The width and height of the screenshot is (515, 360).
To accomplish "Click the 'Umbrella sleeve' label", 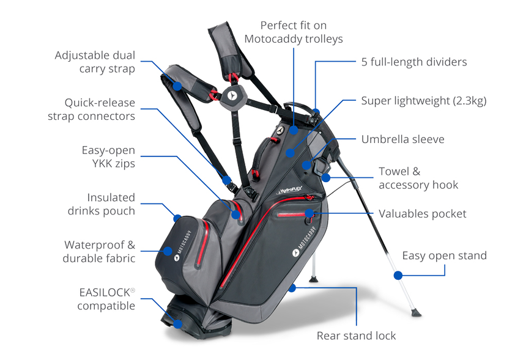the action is [x=402, y=139].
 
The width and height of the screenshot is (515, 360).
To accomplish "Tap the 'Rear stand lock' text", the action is [x=357, y=336].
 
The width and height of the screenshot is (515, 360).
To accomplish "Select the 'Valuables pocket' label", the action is [x=423, y=214].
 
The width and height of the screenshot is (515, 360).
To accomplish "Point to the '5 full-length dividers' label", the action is [x=414, y=62].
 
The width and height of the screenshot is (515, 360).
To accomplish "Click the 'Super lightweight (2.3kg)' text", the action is [x=424, y=101].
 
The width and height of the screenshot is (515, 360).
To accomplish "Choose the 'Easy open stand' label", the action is [x=445, y=255].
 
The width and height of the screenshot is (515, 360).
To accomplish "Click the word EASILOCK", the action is [x=105, y=292].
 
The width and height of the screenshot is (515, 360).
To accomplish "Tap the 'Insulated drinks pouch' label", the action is [x=102, y=204].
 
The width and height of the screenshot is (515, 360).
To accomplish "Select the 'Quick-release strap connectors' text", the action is [x=91, y=109].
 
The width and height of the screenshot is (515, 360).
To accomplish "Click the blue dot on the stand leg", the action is [x=398, y=275].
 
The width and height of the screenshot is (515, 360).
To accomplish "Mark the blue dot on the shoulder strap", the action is [x=177, y=86].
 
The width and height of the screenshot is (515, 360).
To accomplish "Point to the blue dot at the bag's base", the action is [x=178, y=324].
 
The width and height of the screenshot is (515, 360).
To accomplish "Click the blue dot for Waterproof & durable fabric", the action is [x=168, y=251].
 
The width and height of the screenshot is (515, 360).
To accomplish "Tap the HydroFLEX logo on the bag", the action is [x=289, y=190].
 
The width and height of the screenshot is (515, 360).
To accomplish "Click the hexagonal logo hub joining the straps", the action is [x=232, y=96].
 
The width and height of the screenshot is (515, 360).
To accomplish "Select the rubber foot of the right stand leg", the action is [x=416, y=312].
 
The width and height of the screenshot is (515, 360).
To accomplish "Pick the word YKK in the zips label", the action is [x=101, y=163].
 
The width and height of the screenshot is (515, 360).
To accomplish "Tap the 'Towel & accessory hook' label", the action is [x=418, y=178].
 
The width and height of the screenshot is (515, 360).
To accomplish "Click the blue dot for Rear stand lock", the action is [x=292, y=288].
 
